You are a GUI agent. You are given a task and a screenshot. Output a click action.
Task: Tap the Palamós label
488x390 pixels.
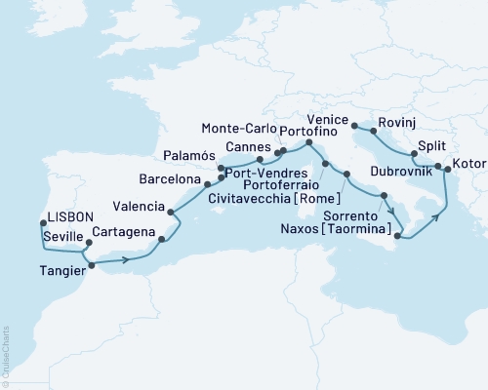click(188, 155)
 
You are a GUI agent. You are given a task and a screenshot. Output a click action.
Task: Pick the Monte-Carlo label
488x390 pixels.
click(240, 128)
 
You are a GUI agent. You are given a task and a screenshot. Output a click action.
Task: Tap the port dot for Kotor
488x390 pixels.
click(447, 170)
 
